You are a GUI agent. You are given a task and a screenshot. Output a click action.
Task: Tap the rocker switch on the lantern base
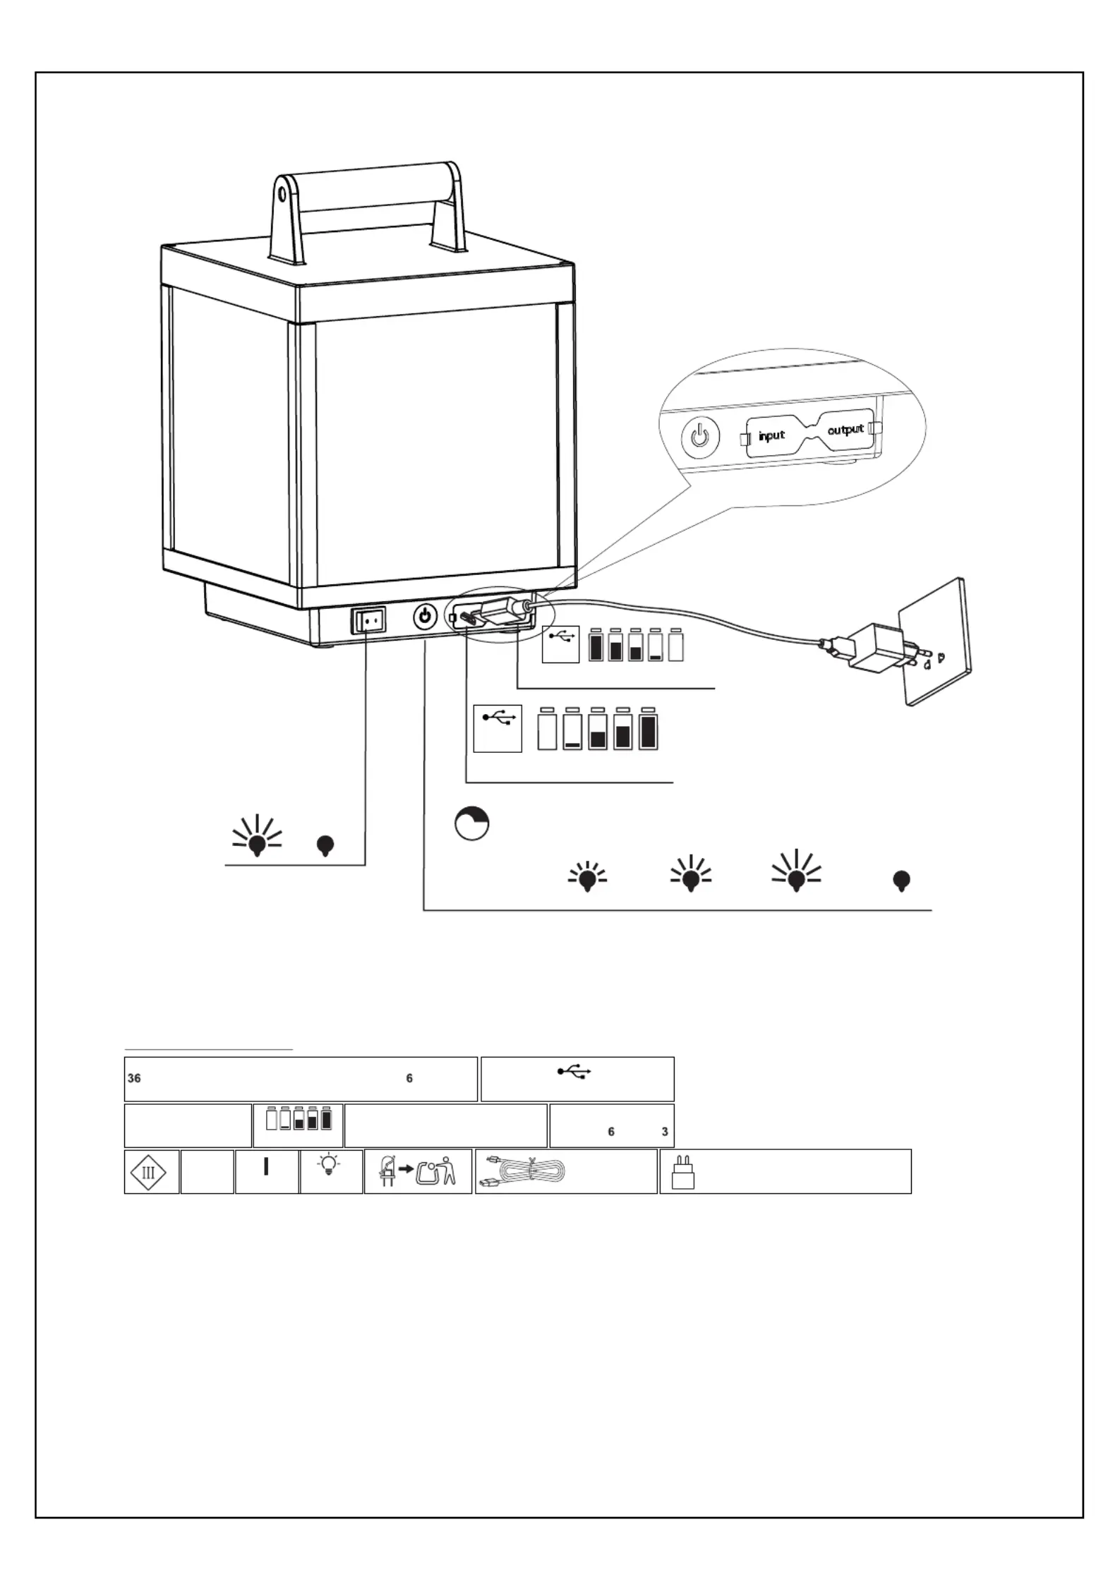click(x=370, y=620)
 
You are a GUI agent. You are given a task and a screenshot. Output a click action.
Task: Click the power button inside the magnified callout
click(x=699, y=437)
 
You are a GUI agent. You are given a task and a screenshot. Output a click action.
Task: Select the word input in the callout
click(x=771, y=435)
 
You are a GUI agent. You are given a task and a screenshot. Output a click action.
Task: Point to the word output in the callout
click(x=845, y=429)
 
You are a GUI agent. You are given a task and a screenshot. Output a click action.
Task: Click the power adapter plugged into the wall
click(x=874, y=646)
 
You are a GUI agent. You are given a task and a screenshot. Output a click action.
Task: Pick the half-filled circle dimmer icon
click(x=472, y=824)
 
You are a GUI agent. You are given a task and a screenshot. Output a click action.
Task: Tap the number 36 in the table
click(x=134, y=1078)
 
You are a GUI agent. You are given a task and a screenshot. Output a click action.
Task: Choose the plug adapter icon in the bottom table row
click(x=682, y=1172)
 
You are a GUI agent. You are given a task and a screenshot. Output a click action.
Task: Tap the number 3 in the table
click(x=665, y=1132)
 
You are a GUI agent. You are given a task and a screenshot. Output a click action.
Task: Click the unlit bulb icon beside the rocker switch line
click(x=325, y=845)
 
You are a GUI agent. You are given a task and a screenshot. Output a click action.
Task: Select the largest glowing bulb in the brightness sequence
click(x=797, y=870)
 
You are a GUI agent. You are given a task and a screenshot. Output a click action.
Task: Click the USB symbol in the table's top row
click(x=574, y=1072)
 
